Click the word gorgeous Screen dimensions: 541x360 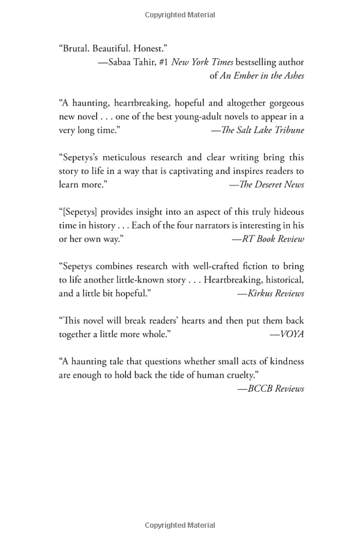tap(284, 103)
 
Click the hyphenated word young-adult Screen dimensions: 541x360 tap(184, 116)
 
